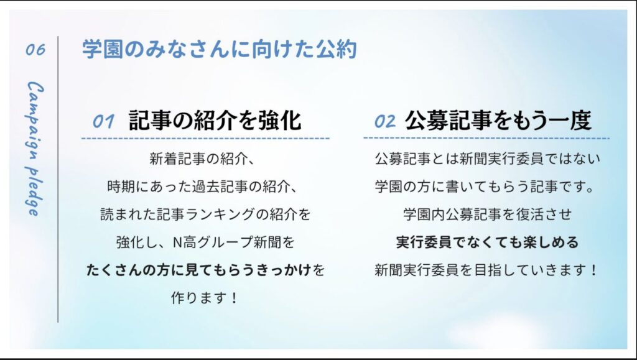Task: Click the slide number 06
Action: (x=35, y=50)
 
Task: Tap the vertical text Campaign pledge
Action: (x=35, y=149)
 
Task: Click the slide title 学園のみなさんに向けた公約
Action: (x=220, y=49)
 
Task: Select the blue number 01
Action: (x=103, y=121)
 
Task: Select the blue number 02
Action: (x=384, y=121)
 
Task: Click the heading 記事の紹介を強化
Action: (x=215, y=120)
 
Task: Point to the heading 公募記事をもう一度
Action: (x=498, y=120)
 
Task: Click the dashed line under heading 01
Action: (x=205, y=139)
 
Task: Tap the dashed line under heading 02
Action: (x=486, y=138)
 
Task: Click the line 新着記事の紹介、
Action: (x=202, y=159)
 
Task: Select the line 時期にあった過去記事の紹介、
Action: (x=202, y=187)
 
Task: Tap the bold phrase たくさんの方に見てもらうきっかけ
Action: (x=198, y=269)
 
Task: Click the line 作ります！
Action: (x=204, y=297)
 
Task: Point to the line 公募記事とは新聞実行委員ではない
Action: (x=487, y=159)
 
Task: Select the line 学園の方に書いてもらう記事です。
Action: (x=485, y=187)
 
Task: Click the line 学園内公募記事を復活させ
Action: (x=487, y=214)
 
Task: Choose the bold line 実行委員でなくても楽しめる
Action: (x=487, y=242)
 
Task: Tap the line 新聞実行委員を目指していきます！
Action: (x=485, y=269)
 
